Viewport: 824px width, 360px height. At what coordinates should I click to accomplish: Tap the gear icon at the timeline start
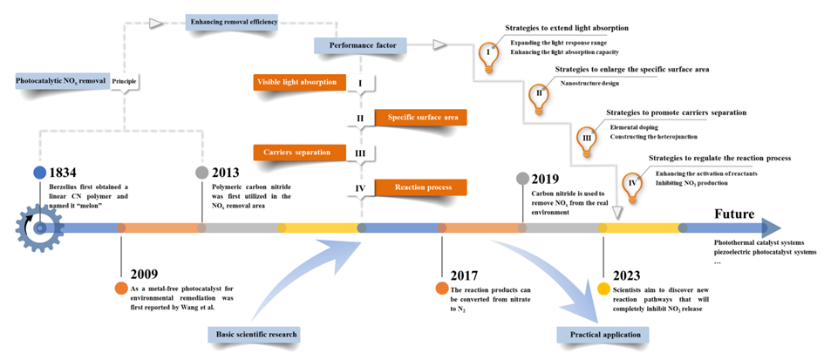[35, 228]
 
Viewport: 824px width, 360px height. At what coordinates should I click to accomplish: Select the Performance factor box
[356, 45]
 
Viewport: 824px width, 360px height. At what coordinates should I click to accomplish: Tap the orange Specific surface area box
[420, 117]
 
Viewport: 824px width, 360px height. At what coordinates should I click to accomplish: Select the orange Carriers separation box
[296, 152]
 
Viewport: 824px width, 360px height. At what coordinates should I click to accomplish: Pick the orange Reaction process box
[420, 187]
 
